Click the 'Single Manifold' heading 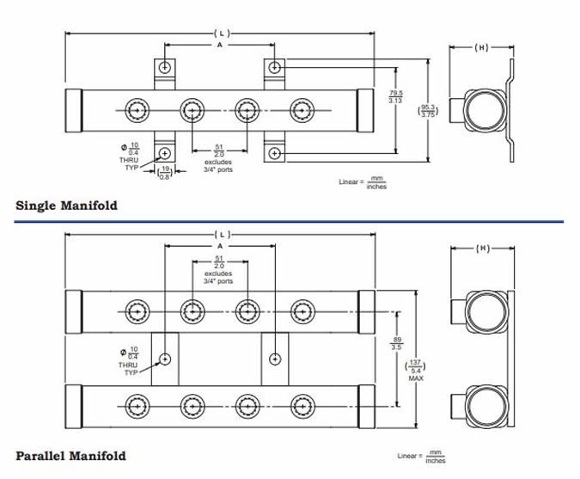(x=67, y=206)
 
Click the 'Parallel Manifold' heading (x=70, y=455)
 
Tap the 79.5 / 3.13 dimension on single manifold (x=397, y=96)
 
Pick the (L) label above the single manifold (x=219, y=33)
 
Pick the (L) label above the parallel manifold (x=219, y=234)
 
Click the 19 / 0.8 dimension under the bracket (x=165, y=172)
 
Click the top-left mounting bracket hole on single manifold (x=165, y=67)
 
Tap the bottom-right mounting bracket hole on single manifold (x=274, y=153)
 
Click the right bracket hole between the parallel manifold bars (x=274, y=357)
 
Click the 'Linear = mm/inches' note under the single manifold (x=364, y=182)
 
